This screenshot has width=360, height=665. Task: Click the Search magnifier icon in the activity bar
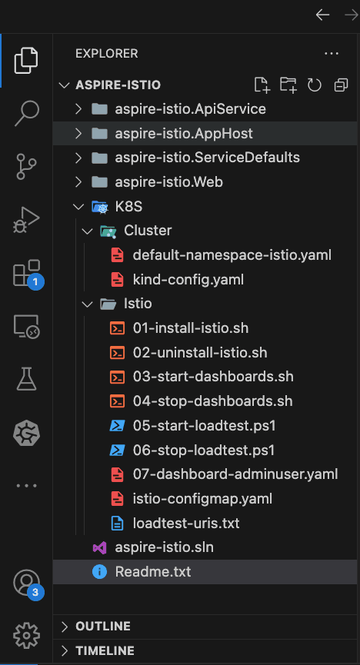(26, 113)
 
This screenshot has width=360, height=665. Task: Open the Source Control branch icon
(26, 167)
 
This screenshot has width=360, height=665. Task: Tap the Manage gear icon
(26, 635)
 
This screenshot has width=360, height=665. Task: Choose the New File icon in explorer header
(262, 85)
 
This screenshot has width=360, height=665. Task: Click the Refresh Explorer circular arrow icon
(314, 85)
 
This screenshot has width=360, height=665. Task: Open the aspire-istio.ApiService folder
(190, 109)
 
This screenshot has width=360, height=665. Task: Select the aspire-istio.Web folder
(168, 182)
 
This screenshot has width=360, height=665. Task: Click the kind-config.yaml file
(188, 280)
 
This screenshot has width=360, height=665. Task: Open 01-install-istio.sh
(191, 328)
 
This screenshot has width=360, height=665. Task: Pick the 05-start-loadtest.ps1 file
(204, 425)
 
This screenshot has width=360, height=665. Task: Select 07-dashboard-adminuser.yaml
(235, 474)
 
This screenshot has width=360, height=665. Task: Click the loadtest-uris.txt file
(186, 523)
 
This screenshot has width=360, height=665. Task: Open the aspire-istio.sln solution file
(165, 547)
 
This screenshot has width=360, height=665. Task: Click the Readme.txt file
(153, 572)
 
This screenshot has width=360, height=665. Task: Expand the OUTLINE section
(103, 627)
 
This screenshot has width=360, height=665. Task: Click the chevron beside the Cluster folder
(88, 231)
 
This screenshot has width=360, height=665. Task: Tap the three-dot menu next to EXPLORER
(331, 54)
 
